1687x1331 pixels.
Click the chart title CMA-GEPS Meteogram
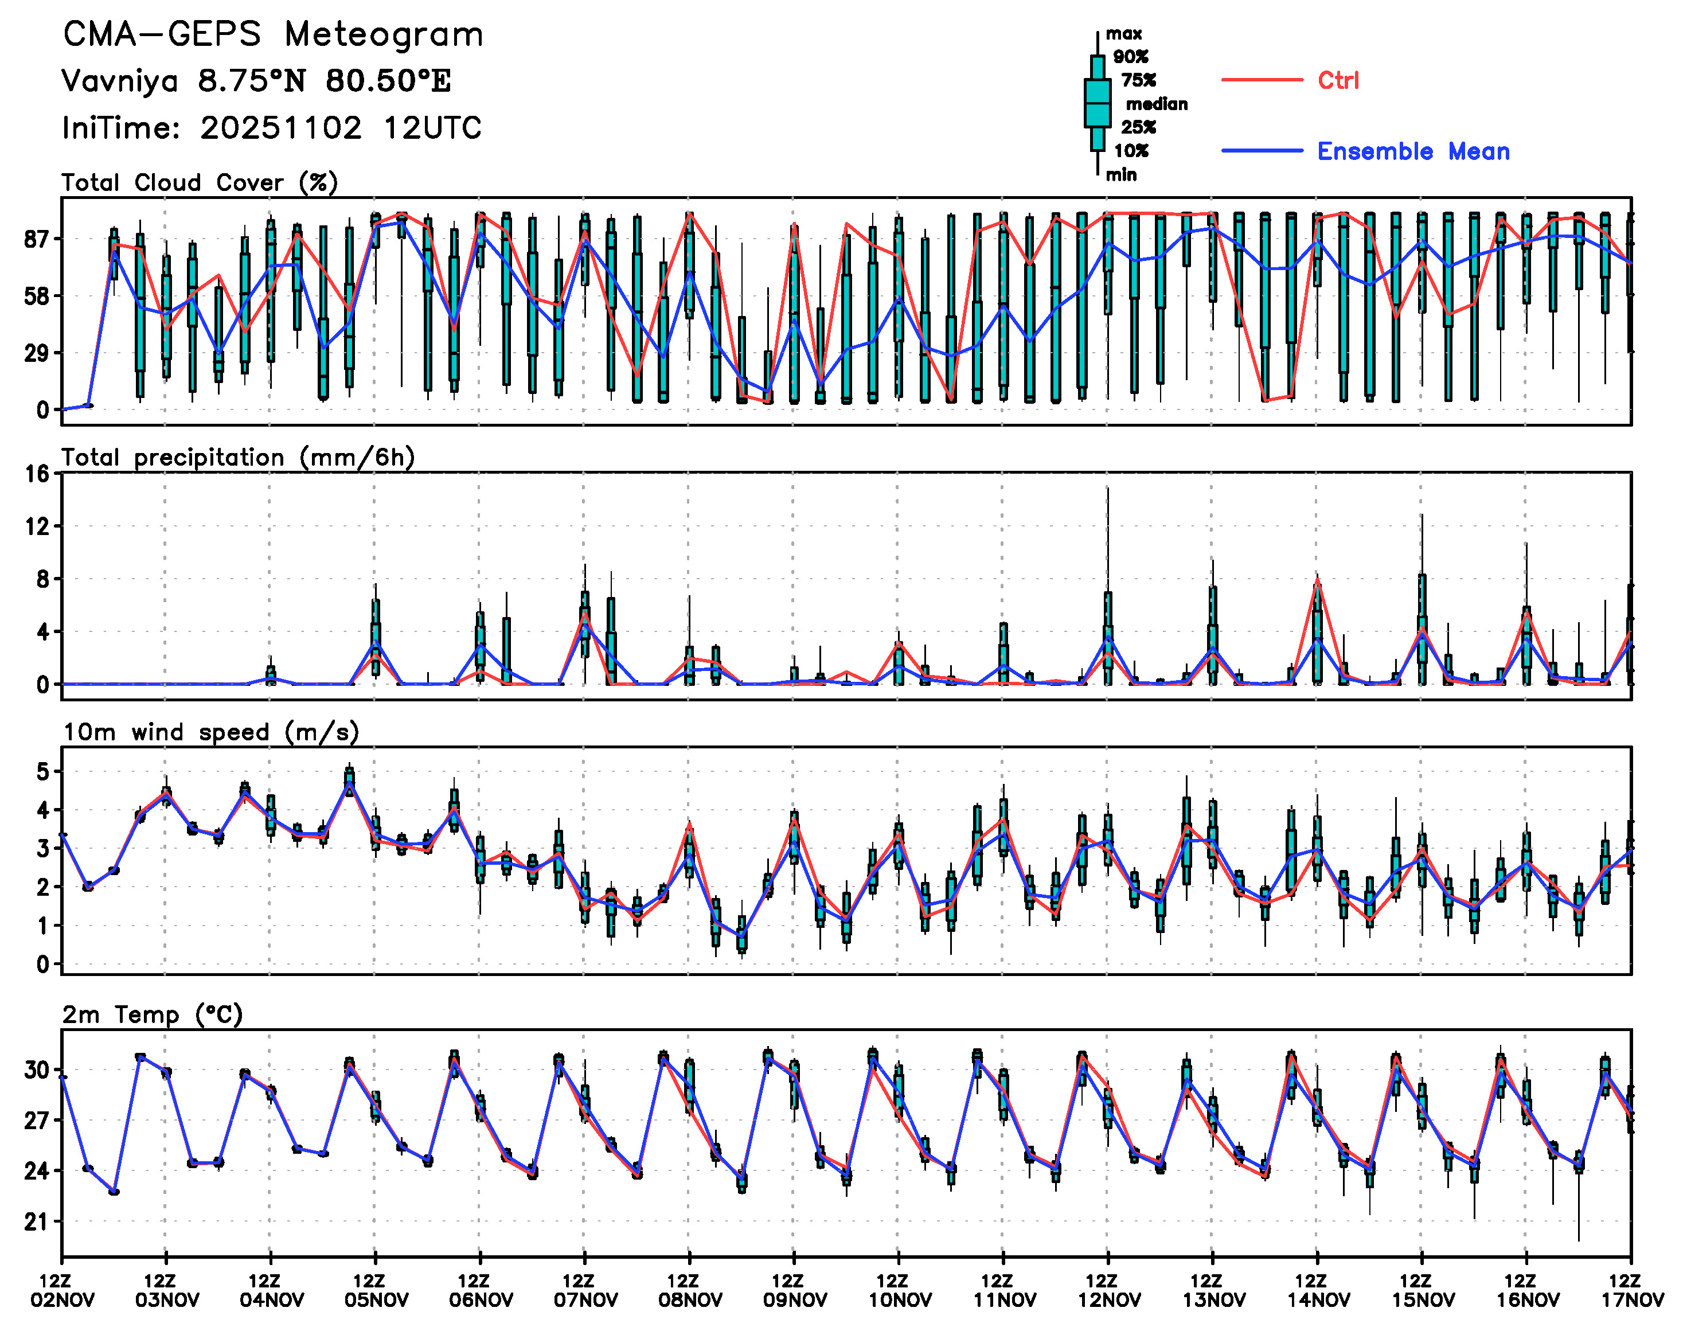[x=273, y=35]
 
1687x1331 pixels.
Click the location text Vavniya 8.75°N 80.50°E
[x=256, y=81]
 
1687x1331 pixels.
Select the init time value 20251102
[x=280, y=128]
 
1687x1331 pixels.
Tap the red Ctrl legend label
[x=1338, y=80]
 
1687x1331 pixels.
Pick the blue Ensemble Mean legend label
[x=1413, y=151]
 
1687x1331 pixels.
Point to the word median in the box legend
[x=1157, y=104]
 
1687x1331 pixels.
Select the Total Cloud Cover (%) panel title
[x=200, y=183]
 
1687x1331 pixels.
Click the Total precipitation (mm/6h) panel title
[x=237, y=458]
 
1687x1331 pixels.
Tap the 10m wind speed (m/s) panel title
[x=210, y=732]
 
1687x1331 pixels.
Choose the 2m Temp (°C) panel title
[x=153, y=1014]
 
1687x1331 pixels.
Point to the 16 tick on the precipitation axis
[x=37, y=474]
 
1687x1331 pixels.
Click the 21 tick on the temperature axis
[x=36, y=1221]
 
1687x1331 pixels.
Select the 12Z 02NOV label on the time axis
[x=63, y=1290]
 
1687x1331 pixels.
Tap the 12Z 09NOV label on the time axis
[x=794, y=1290]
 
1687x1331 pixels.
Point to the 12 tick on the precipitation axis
[x=37, y=527]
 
